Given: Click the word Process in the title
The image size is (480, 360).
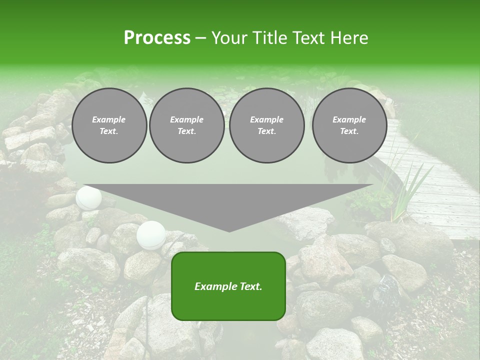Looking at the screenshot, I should pos(157,38).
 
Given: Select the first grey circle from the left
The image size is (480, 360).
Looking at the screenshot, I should pos(109,125).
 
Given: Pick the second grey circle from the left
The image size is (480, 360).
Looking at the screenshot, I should pos(187,125).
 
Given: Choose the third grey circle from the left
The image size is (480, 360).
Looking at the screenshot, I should pos(267,125).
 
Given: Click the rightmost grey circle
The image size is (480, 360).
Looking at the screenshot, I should pos(349,125).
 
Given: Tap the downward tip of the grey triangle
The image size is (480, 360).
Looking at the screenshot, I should pos(229,230).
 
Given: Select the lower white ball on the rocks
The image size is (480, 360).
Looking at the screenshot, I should pos(151,234).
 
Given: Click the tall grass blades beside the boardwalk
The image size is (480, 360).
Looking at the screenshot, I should pos(405,190).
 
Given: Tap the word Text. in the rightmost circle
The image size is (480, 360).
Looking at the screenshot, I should pos(349,131).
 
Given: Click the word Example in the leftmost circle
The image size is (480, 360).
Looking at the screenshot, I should pos(109,119).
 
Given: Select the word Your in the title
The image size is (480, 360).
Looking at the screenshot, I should pos(229,38).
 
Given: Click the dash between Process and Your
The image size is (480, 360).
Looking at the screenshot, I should pos(200,38).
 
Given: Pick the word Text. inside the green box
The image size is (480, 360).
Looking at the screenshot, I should pos(250,286).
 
